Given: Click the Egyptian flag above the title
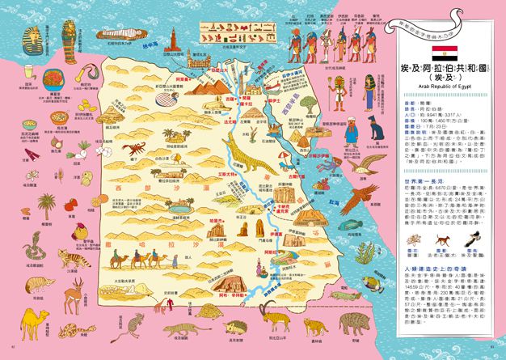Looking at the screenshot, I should point(443,53).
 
